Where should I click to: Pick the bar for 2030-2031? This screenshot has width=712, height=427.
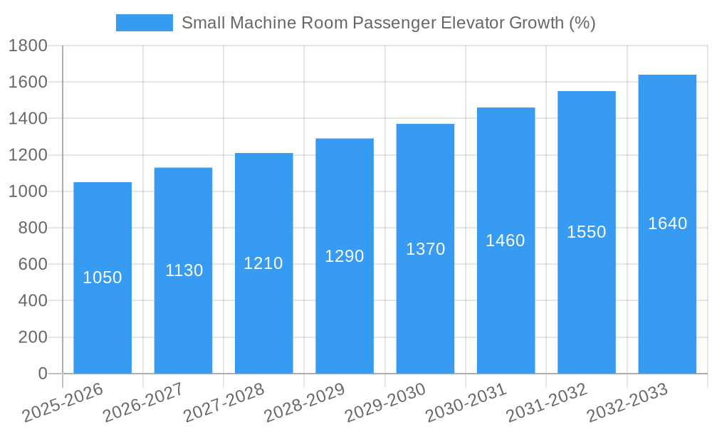point(506,299)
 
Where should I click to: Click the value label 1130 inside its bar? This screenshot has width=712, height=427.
point(184,270)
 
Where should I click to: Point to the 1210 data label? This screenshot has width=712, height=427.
point(263,263)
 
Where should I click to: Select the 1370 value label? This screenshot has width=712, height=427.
point(425,249)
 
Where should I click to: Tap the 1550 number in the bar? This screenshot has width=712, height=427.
point(586,232)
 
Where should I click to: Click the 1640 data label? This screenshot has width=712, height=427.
point(667,223)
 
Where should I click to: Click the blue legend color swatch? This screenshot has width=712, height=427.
point(145,23)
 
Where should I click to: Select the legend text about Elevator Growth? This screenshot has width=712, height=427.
point(388,23)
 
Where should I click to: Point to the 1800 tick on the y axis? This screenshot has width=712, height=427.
point(28,46)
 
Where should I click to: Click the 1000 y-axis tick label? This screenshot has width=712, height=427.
point(28,191)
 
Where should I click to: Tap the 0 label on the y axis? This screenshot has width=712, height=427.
point(42,374)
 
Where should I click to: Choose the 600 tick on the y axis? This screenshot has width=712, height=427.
point(33,264)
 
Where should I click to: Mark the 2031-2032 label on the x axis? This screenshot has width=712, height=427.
point(547,404)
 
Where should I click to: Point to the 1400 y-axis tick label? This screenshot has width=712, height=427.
point(28,119)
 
